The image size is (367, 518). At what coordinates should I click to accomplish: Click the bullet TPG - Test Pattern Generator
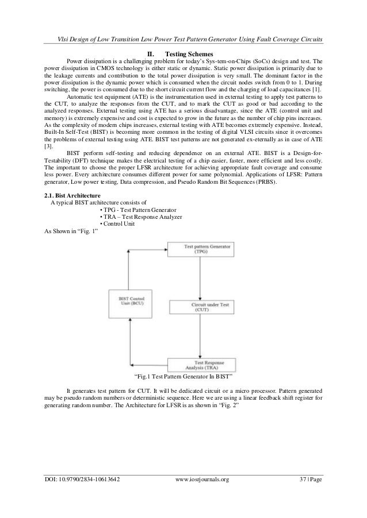pos(138,211)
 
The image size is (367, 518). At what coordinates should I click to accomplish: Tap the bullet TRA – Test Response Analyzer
pos(141,218)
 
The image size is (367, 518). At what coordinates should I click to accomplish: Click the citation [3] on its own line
pos(48,130)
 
